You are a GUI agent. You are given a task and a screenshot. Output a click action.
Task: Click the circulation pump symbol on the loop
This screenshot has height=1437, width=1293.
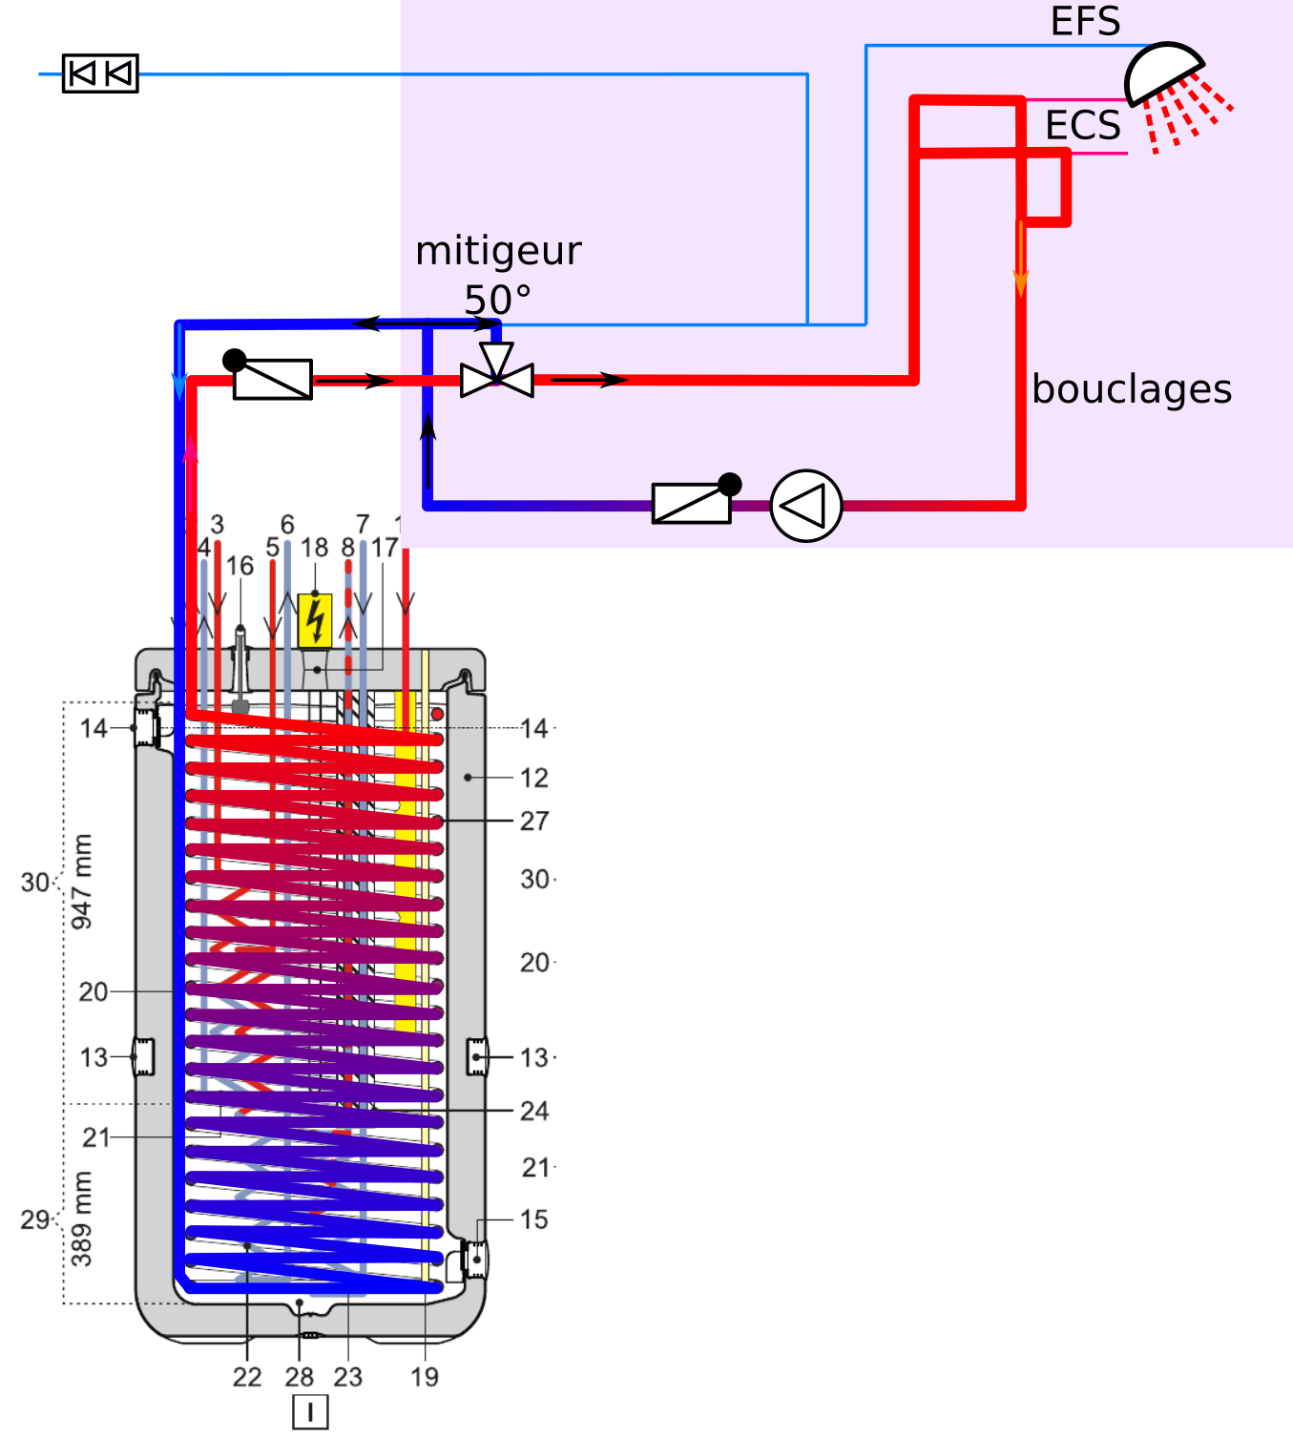805,506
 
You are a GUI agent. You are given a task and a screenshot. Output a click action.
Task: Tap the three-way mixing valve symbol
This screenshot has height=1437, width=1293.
496,379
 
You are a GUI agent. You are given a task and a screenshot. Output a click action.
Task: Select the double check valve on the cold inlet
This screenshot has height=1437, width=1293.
100,73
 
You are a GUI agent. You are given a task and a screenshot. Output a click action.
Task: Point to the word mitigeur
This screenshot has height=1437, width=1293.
498,251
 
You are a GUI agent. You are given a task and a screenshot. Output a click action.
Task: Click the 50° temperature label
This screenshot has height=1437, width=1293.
497,300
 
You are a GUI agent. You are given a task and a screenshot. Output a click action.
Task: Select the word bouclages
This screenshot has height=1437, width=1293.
1132,389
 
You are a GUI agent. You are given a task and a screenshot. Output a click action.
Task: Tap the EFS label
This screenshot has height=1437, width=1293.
1085,21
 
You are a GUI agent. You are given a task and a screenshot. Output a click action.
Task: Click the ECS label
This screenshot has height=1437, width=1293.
1083,125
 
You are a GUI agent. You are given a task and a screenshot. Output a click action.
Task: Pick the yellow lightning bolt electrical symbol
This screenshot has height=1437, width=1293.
315,620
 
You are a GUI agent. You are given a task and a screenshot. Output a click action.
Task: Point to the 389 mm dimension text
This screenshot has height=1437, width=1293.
83,1218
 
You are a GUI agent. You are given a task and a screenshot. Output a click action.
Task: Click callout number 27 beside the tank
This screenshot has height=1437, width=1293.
534,821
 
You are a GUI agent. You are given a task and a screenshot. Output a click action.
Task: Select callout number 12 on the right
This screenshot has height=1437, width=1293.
534,778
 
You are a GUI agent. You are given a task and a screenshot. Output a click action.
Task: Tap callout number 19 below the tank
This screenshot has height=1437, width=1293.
425,1377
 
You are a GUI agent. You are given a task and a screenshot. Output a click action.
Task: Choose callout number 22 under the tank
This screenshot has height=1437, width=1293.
247,1377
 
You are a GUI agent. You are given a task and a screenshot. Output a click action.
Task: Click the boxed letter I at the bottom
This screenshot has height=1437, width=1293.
310,1412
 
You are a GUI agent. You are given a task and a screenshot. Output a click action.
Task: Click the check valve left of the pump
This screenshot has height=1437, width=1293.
692,503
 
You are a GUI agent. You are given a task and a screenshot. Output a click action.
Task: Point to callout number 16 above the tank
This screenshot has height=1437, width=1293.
240,566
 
